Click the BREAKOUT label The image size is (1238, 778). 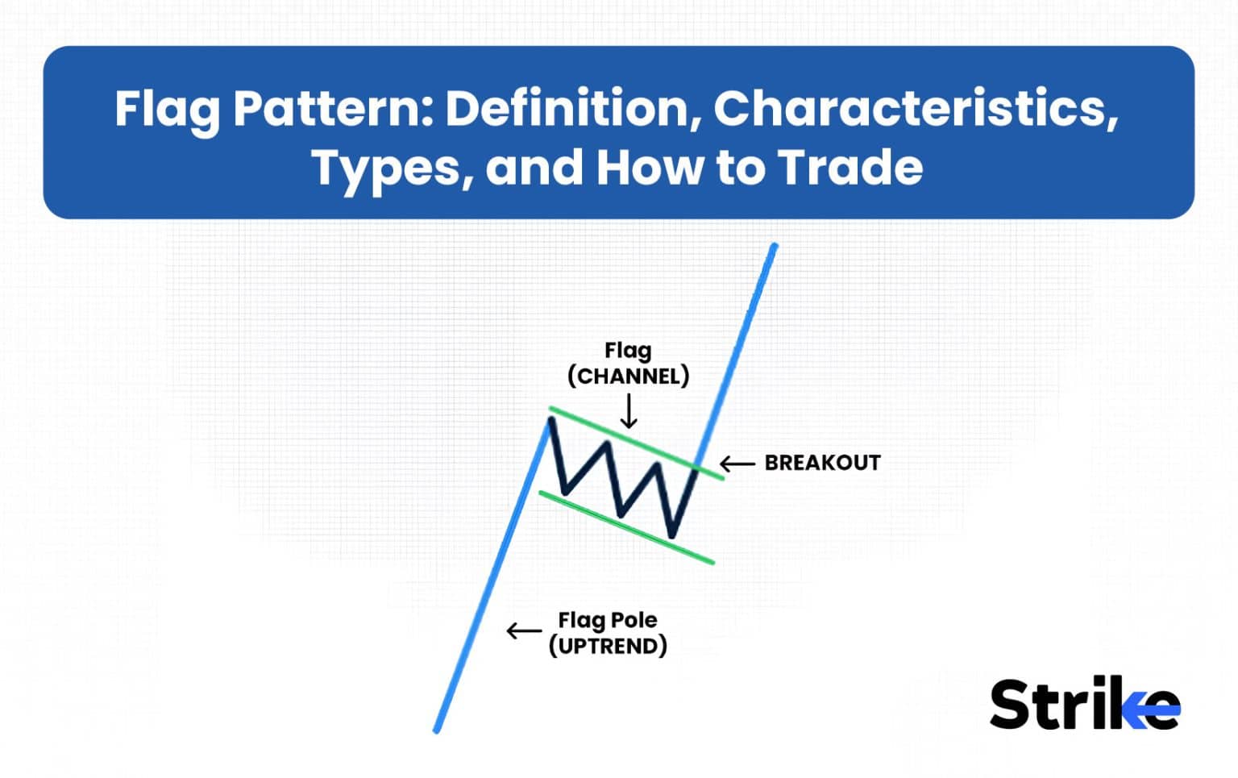tap(822, 463)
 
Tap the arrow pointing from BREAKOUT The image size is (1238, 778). tap(737, 464)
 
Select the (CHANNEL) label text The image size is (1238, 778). tap(628, 376)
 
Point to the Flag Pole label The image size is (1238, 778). tap(607, 620)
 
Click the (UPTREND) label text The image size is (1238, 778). tap(608, 646)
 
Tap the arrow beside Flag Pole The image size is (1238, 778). tap(523, 630)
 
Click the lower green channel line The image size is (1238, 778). tap(625, 527)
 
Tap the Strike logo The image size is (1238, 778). tap(1084, 705)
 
